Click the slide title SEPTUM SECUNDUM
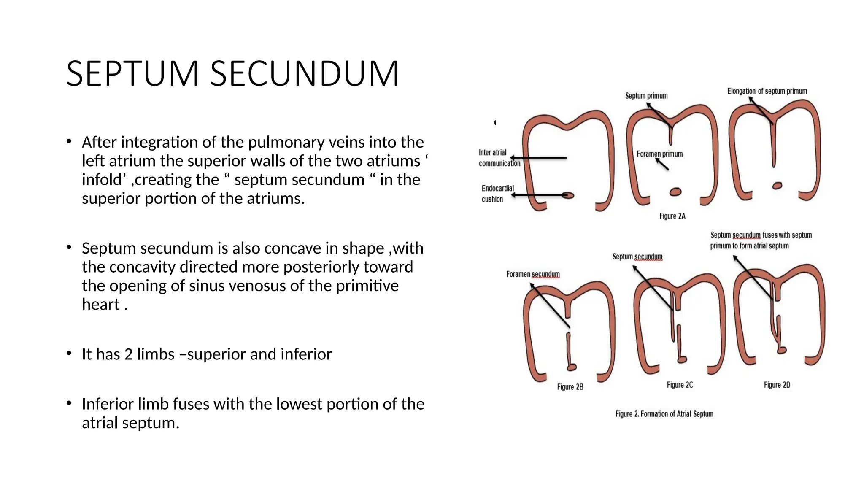[232, 74]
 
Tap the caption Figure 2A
[672, 216]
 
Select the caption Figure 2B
[570, 387]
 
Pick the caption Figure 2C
[680, 385]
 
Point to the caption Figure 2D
[777, 385]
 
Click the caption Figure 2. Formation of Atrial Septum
[664, 414]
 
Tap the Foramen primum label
[659, 154]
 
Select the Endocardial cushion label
[497, 194]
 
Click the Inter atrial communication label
[499, 158]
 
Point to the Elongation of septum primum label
[767, 91]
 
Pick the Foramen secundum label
[533, 274]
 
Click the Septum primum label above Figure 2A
[646, 96]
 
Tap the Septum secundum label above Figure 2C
[637, 256]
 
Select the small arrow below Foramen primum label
[662, 165]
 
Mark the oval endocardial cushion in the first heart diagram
[568, 195]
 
